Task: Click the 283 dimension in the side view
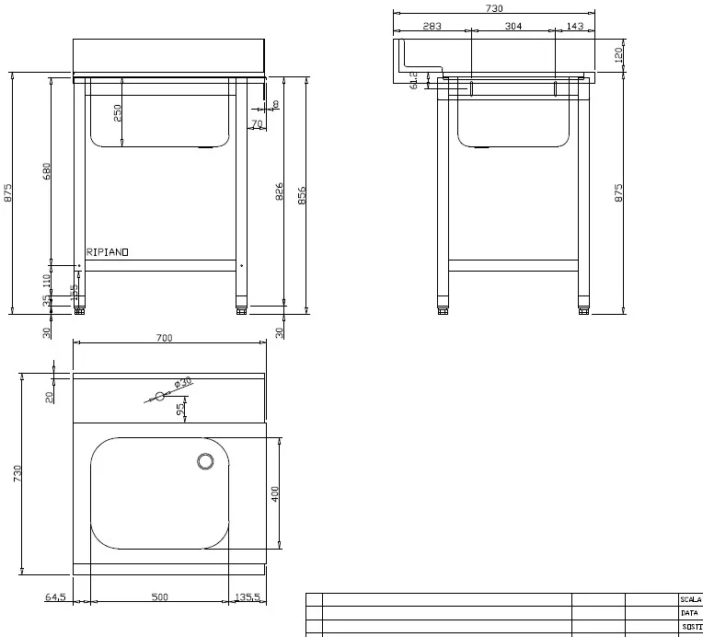point(432,27)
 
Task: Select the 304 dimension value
point(513,27)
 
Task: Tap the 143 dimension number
point(575,27)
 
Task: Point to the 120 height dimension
point(618,55)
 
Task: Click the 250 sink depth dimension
point(118,112)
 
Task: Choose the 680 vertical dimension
point(47,172)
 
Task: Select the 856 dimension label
point(302,195)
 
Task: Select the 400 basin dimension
point(274,494)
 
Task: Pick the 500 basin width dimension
point(159,597)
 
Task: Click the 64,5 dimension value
point(55,597)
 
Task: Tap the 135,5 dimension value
point(246,597)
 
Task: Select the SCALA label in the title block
point(690,598)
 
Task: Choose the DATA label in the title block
point(688,612)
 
